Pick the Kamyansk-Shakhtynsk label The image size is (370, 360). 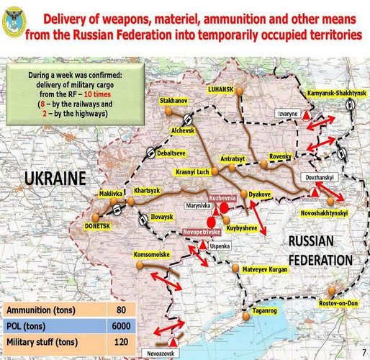pos(336,94)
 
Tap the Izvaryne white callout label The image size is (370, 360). pos(286,114)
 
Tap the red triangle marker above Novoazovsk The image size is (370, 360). pos(173,343)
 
